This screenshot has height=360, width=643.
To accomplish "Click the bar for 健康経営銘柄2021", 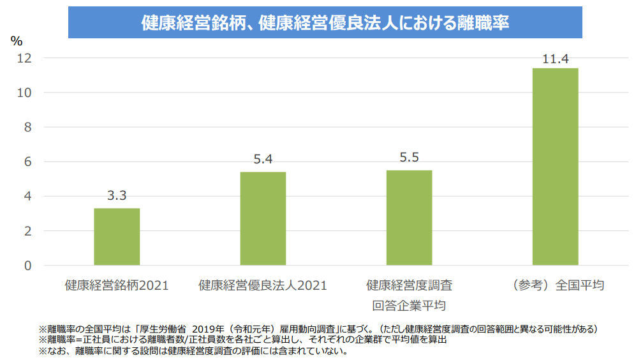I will [x=117, y=237].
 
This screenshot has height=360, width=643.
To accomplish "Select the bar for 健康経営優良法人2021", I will [x=263, y=218].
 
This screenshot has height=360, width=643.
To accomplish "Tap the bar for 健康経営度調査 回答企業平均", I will [x=409, y=218].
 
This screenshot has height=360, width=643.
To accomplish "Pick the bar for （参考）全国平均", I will [x=555, y=167].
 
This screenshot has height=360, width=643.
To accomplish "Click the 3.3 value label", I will [x=117, y=196].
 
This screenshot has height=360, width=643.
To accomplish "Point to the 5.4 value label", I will [x=263, y=160].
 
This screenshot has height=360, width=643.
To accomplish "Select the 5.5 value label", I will [x=409, y=158].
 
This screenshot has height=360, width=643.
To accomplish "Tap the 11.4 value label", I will [x=555, y=59].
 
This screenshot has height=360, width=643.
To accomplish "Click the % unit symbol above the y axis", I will [x=17, y=41].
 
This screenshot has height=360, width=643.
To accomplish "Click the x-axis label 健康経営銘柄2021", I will [x=117, y=285].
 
